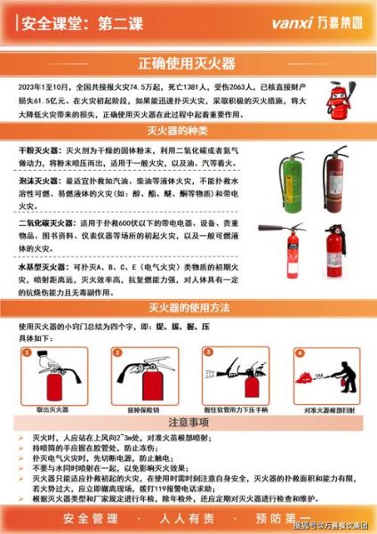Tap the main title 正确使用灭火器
[188, 63]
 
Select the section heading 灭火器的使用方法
[188, 309]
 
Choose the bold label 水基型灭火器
[42, 266]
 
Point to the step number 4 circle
[295, 352]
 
